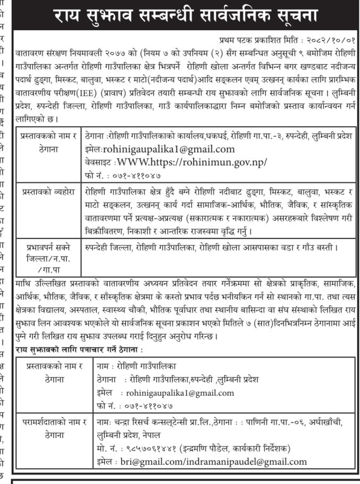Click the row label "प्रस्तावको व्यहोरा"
pos(48,190)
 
